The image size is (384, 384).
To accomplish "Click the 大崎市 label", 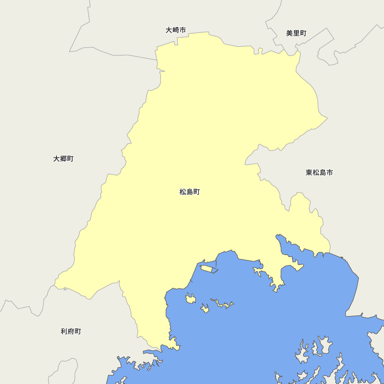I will coord(176,30).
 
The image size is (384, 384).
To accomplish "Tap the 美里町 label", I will coord(296,33).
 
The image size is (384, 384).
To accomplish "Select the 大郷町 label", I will coord(63,159).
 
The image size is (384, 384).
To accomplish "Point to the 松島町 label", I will coord(190,192).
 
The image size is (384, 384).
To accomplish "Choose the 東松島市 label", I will coord(319,172).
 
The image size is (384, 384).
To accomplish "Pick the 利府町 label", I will coord(71,331).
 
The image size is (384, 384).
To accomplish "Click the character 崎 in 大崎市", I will coord(176,30).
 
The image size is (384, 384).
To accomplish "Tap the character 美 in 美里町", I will coord(290,33).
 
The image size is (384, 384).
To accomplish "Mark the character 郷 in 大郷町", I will coord(63,159).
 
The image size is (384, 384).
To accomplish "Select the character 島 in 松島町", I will coord(190,192).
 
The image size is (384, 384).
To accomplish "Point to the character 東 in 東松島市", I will coord(310,172).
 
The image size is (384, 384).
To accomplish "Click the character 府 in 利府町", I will coord(71,331).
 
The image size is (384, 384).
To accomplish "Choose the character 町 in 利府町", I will coord(78,331).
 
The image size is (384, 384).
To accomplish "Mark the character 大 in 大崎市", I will coord(169,30).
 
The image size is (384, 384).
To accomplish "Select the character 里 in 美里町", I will coord(296,33).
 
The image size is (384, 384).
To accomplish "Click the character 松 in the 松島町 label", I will coord(183,192).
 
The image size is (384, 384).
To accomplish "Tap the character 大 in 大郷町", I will coord(56,159).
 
